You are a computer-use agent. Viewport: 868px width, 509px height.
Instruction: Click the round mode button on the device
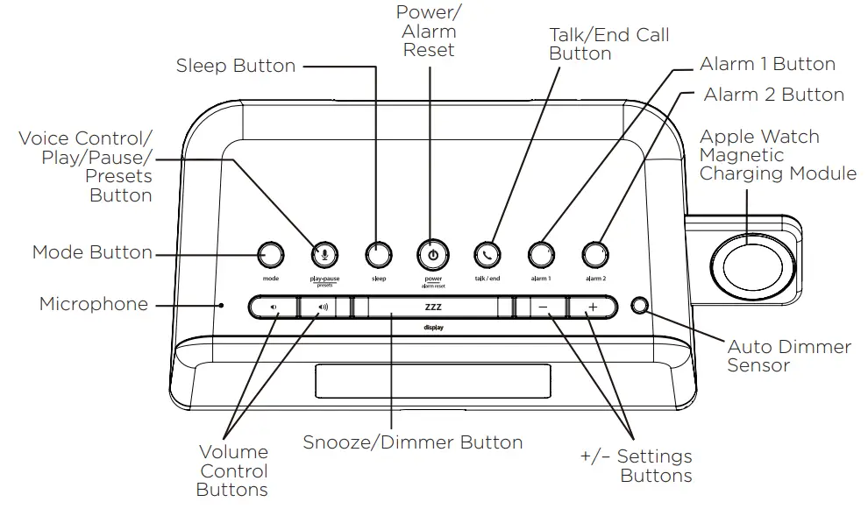coord(271,255)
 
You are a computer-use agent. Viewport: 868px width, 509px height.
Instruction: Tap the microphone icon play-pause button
coord(324,255)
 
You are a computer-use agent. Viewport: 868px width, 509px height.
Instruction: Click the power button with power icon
coord(432,255)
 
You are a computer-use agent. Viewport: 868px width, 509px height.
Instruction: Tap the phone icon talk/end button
coord(487,255)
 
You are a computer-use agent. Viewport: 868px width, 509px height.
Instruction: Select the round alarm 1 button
coord(541,255)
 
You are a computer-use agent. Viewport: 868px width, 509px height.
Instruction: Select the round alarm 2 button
coord(596,255)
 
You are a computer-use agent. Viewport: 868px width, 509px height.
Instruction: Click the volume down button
coord(273,308)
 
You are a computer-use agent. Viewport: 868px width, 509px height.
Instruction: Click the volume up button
coord(324,308)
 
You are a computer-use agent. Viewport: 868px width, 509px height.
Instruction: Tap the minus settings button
coord(542,308)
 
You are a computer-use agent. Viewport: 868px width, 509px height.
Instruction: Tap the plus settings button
coord(593,308)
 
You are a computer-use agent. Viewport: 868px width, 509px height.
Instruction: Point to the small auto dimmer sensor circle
coord(641,306)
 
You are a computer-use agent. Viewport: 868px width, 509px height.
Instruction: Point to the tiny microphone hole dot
coord(223,306)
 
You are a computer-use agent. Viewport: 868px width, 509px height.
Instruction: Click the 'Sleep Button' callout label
coord(236,67)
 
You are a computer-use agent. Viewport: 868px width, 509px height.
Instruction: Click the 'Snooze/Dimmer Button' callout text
coord(413,442)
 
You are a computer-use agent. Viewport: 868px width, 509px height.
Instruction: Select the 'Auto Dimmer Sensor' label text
coord(788,356)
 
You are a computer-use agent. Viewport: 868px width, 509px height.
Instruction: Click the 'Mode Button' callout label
coord(92,252)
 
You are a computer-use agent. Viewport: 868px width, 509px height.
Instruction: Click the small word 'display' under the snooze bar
coord(433,329)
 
